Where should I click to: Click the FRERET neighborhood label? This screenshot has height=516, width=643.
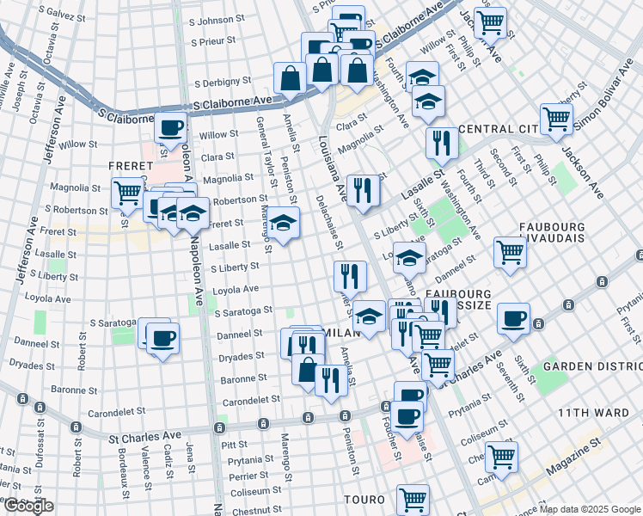point(130,164)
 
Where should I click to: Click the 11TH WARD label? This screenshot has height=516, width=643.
point(594,413)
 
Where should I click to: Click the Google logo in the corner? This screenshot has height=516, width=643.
point(28,506)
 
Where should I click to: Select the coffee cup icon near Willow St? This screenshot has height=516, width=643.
point(171,128)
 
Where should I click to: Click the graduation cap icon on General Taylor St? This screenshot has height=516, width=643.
point(283,223)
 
